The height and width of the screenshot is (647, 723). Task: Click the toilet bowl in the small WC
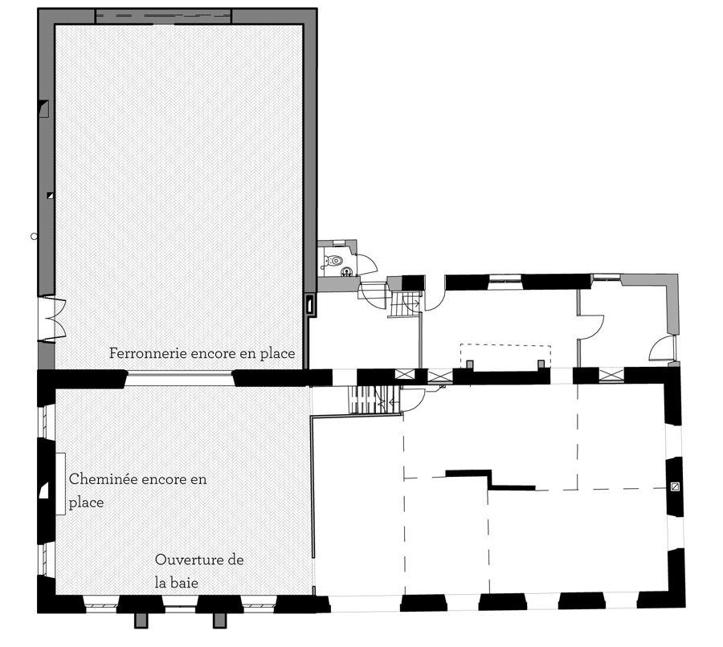335,262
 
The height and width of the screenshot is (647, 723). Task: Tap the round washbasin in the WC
346,273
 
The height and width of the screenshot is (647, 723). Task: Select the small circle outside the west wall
34,236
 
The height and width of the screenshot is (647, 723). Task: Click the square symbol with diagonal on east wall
675,486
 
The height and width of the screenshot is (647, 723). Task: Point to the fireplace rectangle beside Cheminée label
60,484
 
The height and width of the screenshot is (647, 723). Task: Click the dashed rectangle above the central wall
506,356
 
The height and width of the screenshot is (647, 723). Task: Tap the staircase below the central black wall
374,400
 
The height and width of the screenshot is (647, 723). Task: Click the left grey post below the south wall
141,621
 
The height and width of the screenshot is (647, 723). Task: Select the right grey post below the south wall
219,621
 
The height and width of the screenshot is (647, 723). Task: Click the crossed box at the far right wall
611,376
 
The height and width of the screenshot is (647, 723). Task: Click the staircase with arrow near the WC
404,304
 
